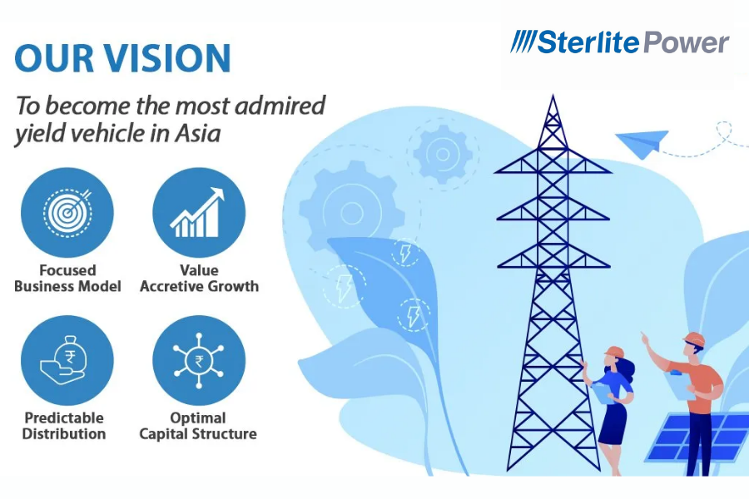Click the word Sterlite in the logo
click(588, 42)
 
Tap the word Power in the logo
click(687, 42)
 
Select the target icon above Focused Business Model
click(67, 212)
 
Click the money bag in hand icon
click(64, 359)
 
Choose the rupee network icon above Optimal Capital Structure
click(198, 359)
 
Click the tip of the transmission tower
click(553, 96)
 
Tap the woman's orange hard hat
click(614, 352)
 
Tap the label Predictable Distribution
click(64, 426)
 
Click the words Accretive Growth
click(199, 286)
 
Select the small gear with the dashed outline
click(443, 154)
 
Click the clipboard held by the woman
click(603, 393)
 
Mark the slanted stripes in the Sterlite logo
click(523, 42)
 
